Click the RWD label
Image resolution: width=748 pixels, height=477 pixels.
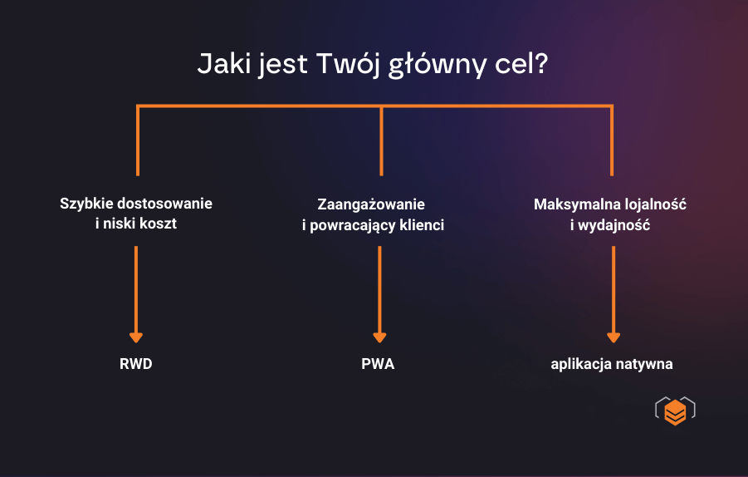click(136, 364)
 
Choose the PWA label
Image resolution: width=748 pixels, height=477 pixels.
click(379, 364)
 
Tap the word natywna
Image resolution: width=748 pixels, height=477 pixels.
click(643, 364)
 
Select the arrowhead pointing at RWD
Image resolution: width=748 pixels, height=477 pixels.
click(136, 337)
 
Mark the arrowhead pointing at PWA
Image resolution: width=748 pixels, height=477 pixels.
click(379, 337)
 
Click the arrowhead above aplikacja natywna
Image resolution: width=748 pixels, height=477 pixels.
click(614, 337)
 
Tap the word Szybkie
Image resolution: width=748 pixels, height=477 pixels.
click(87, 204)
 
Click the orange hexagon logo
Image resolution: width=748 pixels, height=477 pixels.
click(675, 412)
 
